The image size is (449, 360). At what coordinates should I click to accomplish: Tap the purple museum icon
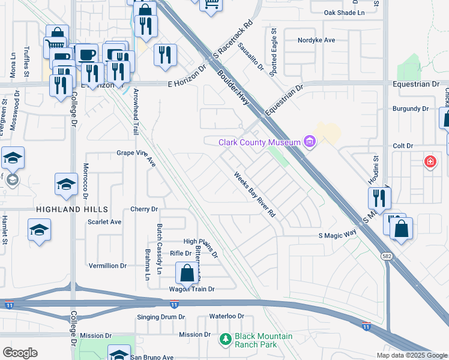coord(310,142)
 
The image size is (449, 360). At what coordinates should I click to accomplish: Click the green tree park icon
coord(225,340)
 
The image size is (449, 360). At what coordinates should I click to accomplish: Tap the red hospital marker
coord(430,161)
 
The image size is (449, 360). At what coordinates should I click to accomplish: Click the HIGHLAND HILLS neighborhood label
coord(72,209)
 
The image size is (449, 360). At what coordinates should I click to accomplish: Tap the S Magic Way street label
coord(337,236)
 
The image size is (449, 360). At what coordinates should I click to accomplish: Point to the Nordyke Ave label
coord(316,40)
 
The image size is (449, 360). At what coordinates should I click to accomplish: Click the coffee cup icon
coord(87,54)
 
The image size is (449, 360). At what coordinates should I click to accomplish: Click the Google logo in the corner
coord(20,353)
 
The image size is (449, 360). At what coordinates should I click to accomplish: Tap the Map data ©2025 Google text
coord(411,355)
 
